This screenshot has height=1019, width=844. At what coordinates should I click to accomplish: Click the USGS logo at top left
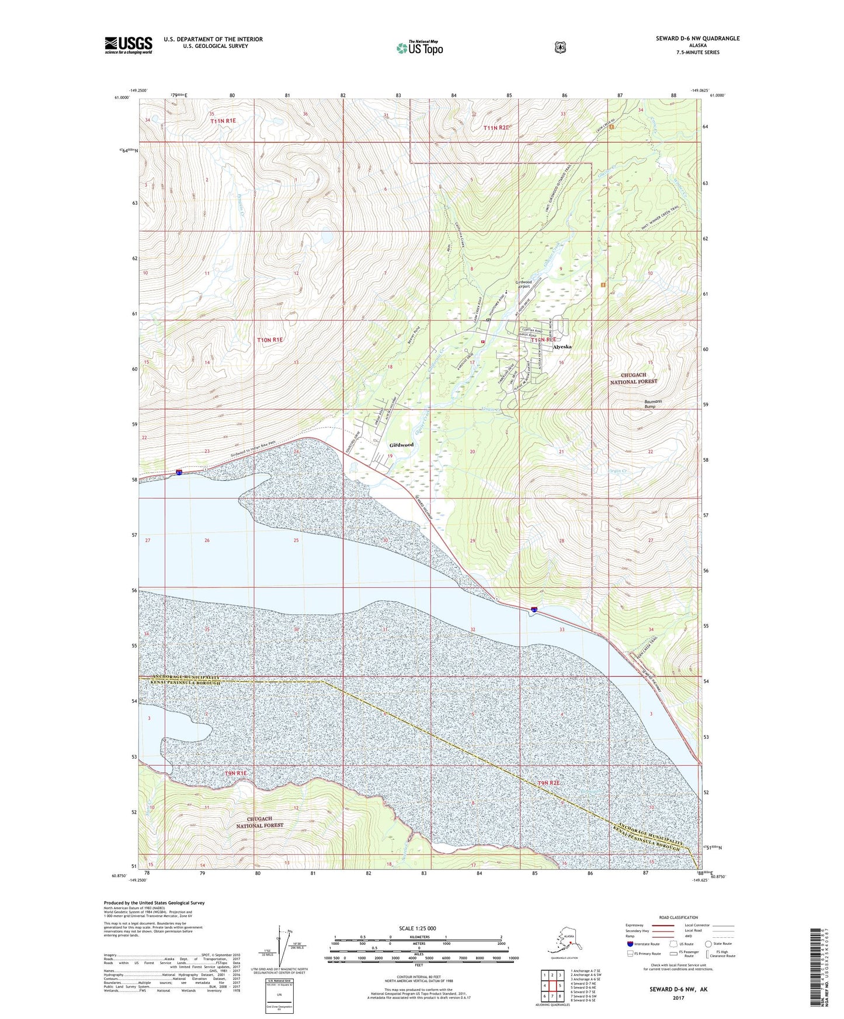(128, 45)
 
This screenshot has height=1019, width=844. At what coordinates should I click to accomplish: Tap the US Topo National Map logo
(419, 47)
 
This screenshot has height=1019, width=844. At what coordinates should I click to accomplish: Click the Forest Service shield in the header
(560, 47)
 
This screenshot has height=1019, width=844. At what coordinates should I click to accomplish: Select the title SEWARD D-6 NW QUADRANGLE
(697, 39)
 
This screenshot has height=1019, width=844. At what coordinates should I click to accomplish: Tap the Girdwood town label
(401, 445)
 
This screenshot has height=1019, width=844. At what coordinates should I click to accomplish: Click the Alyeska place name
(562, 347)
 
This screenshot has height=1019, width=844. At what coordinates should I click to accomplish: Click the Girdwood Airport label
(523, 284)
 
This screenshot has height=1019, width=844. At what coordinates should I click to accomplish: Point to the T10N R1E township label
(270, 340)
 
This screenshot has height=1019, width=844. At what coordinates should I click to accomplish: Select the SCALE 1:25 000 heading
(417, 929)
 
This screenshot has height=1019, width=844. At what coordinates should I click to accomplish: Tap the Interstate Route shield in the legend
(629, 944)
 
